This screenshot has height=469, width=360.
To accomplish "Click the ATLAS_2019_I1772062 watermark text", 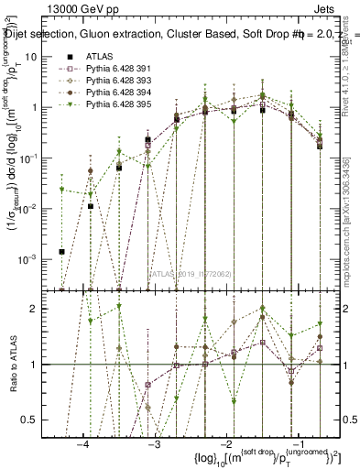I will point(189,273).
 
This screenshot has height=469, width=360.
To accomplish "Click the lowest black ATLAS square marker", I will point(61,251).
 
